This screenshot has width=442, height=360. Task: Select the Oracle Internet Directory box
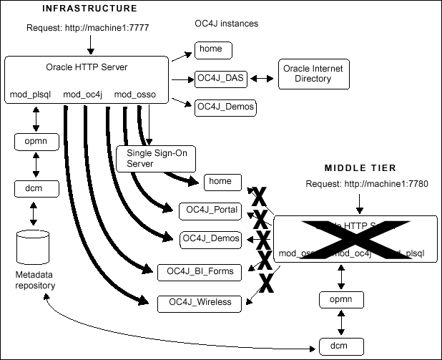click(x=313, y=74)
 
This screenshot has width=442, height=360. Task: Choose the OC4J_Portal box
click(x=212, y=210)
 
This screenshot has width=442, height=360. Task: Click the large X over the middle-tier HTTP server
click(x=355, y=238)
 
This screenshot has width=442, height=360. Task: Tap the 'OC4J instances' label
click(x=227, y=24)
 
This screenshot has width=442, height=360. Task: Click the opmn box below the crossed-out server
click(x=338, y=300)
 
